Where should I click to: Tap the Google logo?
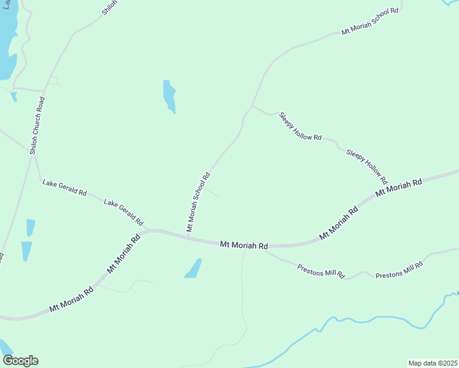click(x=20, y=361)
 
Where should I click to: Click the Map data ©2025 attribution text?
click(x=433, y=362)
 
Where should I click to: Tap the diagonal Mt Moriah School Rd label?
click(x=198, y=202)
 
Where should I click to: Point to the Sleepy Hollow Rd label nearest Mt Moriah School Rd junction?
click(x=300, y=126)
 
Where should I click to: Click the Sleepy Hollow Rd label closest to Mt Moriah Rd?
click(x=367, y=166)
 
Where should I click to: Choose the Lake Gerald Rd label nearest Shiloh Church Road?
click(x=64, y=187)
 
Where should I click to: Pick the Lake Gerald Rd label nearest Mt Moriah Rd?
click(x=123, y=212)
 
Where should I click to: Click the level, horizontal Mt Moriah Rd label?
click(x=244, y=245)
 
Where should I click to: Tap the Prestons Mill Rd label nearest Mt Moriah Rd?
click(x=321, y=270)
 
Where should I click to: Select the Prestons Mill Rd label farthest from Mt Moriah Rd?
click(x=399, y=270)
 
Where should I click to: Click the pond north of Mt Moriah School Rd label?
click(x=169, y=96)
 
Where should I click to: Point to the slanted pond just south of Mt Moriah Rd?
click(x=193, y=269)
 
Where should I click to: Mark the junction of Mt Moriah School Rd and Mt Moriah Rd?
click(x=188, y=237)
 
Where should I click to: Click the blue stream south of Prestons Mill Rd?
click(x=344, y=320)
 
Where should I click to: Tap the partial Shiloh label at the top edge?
click(x=108, y=8)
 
